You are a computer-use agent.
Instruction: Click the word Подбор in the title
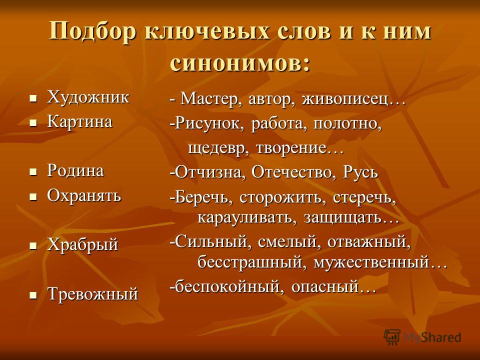tap(92, 31)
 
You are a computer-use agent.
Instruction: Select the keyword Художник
tap(88, 97)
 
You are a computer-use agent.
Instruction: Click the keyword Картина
tap(80, 121)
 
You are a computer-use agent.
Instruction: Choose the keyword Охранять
tap(84, 195)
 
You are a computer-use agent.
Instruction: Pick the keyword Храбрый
tap(82, 245)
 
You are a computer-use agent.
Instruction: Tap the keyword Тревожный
tap(93, 294)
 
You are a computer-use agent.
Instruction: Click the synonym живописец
tap(345, 99)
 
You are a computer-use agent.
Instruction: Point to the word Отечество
tap(291, 172)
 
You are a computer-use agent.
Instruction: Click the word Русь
tap(360, 172)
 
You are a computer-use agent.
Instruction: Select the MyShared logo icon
tap(392, 337)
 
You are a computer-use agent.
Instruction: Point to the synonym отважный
tap(366, 242)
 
